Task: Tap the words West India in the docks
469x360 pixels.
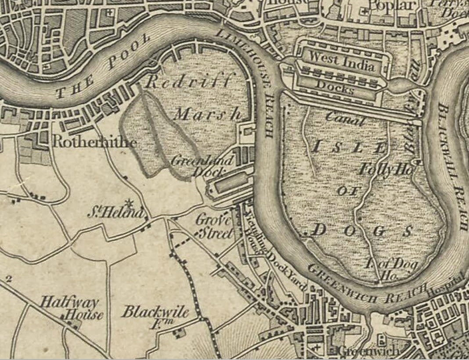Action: (341, 62)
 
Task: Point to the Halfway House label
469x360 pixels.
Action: (70, 308)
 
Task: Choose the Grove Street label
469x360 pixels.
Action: (214, 226)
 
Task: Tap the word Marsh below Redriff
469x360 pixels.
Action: (208, 114)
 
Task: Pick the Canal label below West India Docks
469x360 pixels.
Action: (346, 118)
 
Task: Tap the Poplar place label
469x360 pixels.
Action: (392, 6)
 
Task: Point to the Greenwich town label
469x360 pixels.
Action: (369, 351)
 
